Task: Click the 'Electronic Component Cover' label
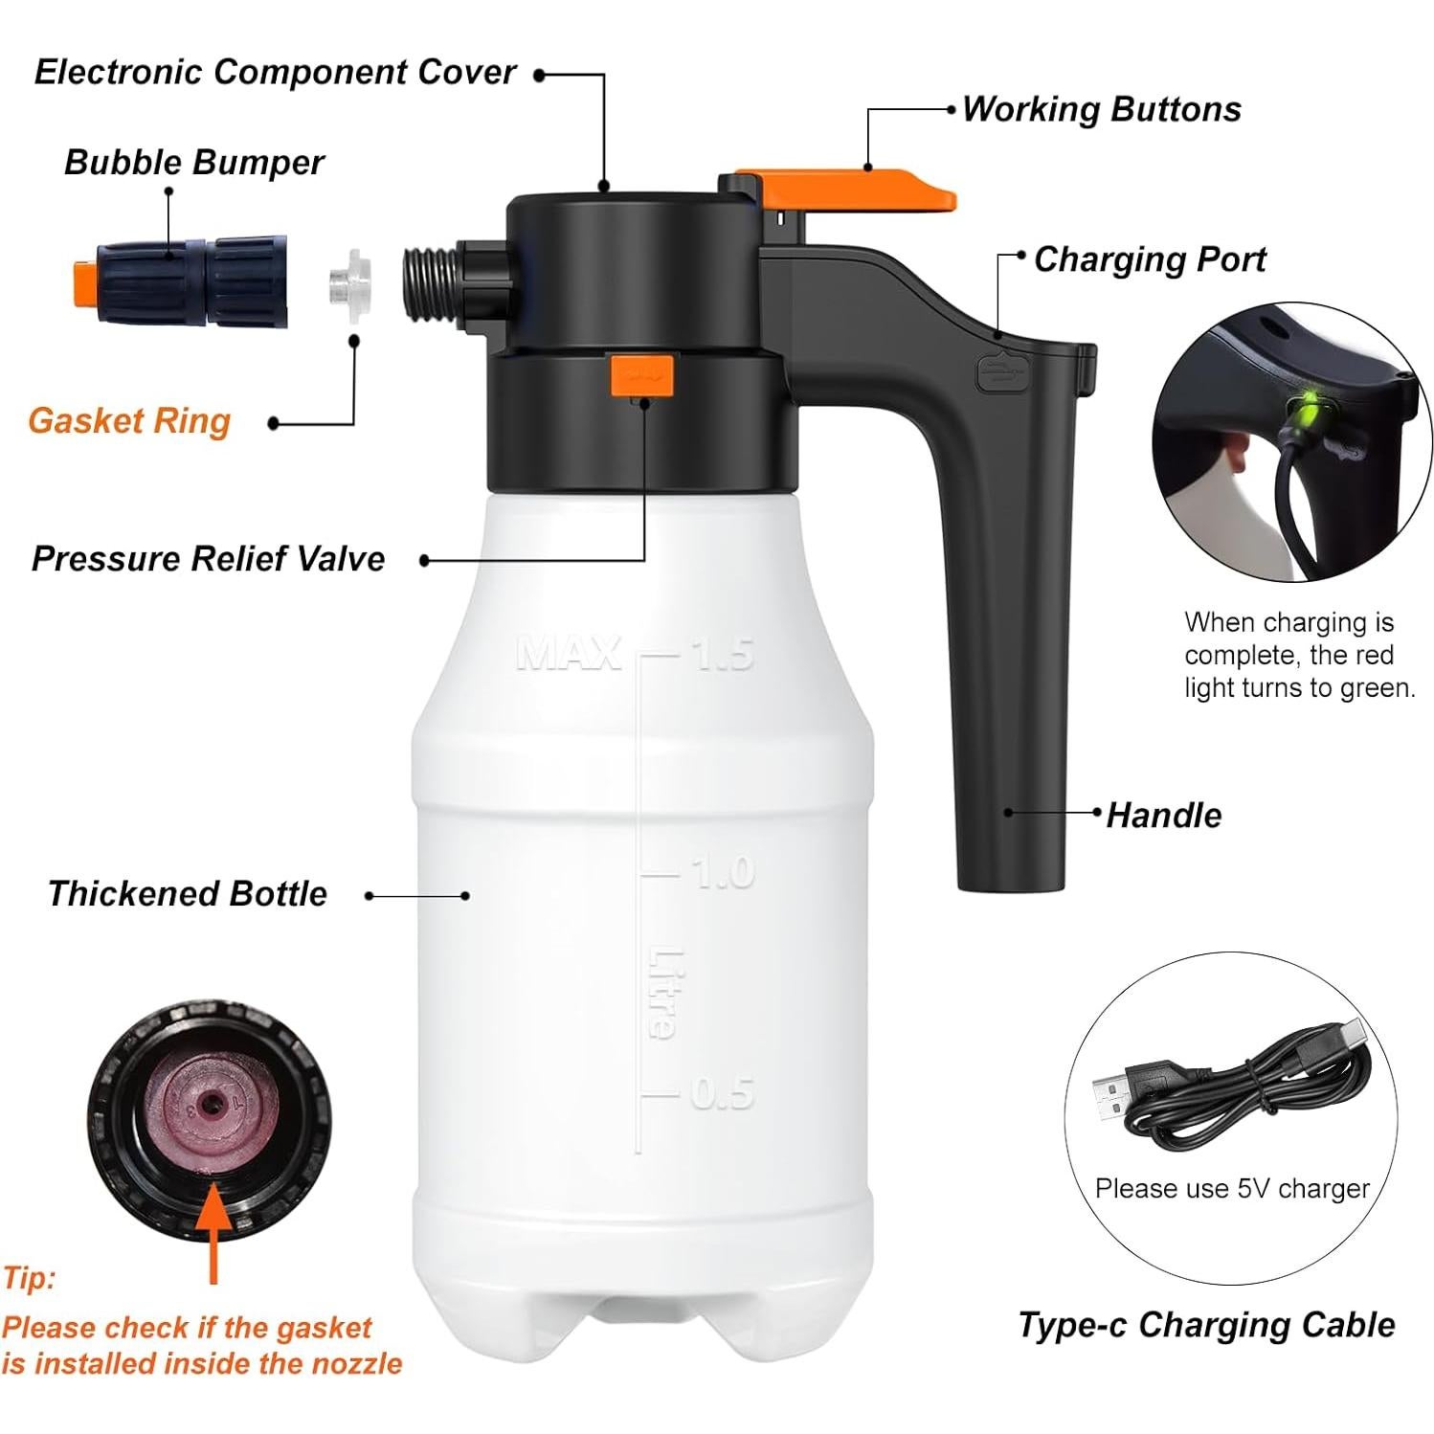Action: (275, 73)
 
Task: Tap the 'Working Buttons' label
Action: (1101, 109)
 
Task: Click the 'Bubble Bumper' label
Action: (193, 163)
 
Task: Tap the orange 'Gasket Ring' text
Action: (129, 421)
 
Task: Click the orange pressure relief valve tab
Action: (642, 374)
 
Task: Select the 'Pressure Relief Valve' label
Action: (208, 559)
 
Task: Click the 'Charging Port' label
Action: (1149, 259)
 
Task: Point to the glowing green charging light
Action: (1303, 416)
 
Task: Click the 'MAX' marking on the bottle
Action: (568, 654)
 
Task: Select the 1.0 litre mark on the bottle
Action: (723, 873)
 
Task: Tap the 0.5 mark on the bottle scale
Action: (723, 1093)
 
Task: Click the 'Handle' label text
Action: (1163, 816)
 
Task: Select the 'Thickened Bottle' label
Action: (188, 894)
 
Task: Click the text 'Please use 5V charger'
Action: (1232, 1189)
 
